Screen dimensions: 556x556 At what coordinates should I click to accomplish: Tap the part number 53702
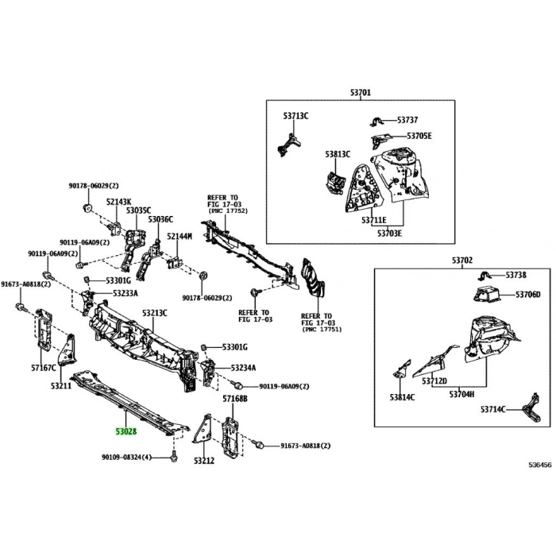pyautogui.click(x=462, y=260)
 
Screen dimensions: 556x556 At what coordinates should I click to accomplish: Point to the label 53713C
pyautogui.click(x=295, y=116)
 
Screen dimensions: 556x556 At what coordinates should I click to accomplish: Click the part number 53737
pyautogui.click(x=408, y=120)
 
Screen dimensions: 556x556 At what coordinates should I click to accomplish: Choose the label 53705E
pyautogui.click(x=419, y=136)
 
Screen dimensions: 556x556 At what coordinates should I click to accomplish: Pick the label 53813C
pyautogui.click(x=337, y=153)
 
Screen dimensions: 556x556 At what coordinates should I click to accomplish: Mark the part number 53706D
pyautogui.click(x=527, y=295)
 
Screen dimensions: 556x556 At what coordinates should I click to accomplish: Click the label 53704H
pyautogui.click(x=461, y=394)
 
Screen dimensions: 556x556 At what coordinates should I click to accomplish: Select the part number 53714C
pyautogui.click(x=492, y=410)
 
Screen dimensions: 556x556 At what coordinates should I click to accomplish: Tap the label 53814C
pyautogui.click(x=402, y=396)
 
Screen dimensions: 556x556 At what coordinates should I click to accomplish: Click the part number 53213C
pyautogui.click(x=155, y=313)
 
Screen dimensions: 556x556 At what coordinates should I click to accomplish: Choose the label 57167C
pyautogui.click(x=44, y=369)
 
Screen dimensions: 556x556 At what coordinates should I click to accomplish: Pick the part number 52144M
pyautogui.click(x=180, y=237)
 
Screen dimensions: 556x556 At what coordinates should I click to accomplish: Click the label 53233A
pyautogui.click(x=125, y=293)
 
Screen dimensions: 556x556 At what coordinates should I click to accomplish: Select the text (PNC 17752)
pyautogui.click(x=228, y=211)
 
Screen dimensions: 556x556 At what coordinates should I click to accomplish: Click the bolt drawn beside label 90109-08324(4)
pyautogui.click(x=173, y=458)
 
